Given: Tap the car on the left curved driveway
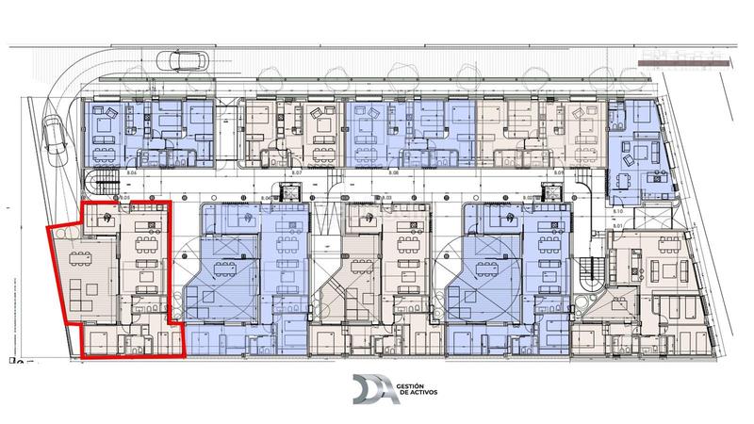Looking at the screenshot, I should [x=54, y=143].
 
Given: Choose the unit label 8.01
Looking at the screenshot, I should [x=618, y=227].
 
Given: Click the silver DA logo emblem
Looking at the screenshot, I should [x=371, y=389].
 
